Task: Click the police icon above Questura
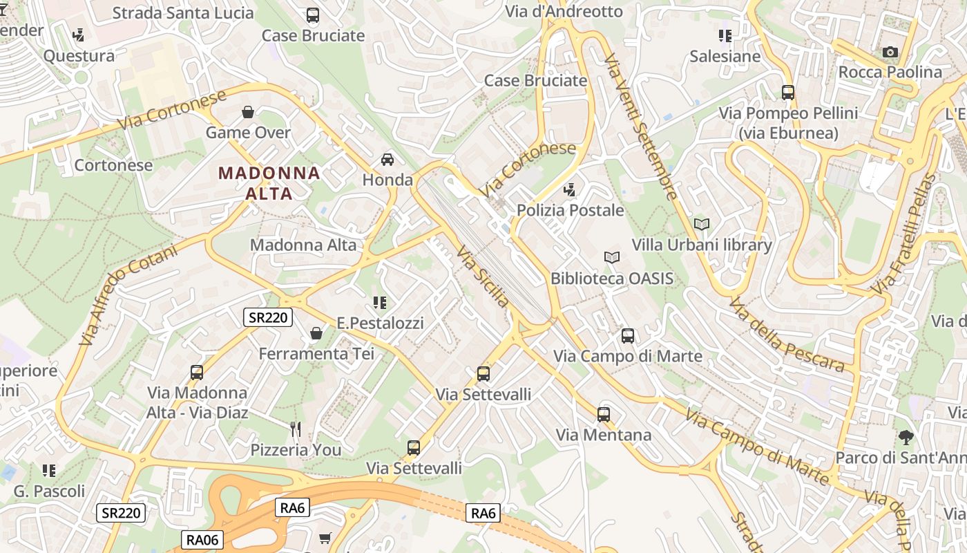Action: (79, 35)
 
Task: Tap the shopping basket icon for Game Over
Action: (248, 112)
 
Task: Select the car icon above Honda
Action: (387, 160)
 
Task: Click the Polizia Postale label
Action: (570, 210)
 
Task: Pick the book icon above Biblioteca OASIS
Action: (611, 258)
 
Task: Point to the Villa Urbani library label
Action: (702, 245)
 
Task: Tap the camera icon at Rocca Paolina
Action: (890, 52)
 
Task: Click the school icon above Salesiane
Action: (725, 35)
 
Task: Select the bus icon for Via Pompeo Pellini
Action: (787, 92)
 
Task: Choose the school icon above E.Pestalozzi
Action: (379, 302)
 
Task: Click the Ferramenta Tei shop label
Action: (316, 354)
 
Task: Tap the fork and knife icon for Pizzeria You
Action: (296, 429)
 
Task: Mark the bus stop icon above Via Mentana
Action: (604, 414)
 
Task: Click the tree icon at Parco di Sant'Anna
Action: (906, 437)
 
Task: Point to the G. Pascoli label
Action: (50, 491)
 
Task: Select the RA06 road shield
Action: (203, 539)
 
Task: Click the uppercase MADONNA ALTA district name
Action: (269, 183)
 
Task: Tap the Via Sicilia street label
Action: (483, 276)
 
